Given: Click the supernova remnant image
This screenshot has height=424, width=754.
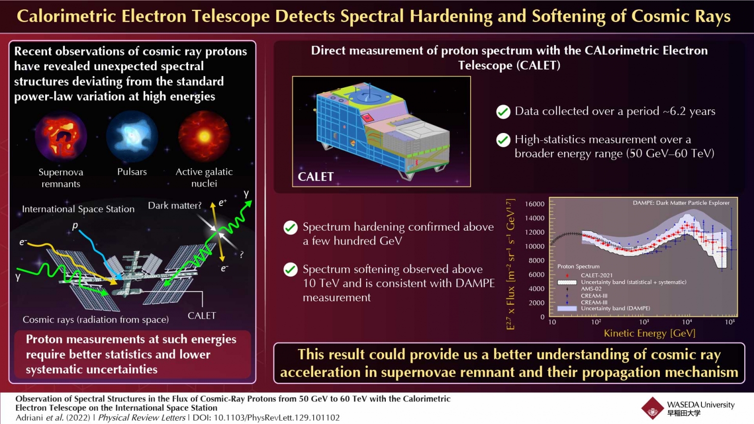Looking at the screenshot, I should pos(61,136).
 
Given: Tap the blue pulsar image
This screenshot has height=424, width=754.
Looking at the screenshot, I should pos(132,136).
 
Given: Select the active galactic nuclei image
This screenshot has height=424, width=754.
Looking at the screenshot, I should pos(204,136).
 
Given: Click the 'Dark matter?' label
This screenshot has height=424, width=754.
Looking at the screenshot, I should pos(175,206).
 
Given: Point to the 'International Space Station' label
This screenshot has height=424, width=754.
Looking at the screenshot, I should pos(78,209).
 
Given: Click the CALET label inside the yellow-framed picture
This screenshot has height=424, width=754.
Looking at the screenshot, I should pos(316,177).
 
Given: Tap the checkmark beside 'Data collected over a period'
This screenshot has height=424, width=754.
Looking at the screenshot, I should pos(503,112).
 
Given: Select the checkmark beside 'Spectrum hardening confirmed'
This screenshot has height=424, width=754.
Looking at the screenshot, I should pos(291,228).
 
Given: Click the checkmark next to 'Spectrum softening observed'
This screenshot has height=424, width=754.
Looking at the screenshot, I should pos(291,270).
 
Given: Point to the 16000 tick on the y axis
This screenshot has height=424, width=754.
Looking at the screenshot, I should pos(535,204).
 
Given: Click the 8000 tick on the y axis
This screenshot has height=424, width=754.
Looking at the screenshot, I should pos(536,261).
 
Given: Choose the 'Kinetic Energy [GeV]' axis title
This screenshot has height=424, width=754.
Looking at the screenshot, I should pos(649,333).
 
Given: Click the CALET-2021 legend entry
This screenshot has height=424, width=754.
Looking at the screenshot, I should pos(596,275).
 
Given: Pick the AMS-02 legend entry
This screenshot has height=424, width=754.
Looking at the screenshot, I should pos(591,289).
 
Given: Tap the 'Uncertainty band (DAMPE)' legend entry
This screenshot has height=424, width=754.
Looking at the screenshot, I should pos(615,309).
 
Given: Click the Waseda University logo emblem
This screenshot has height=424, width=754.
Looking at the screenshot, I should pos(652,408).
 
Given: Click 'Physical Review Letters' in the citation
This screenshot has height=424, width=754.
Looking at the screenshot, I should pos(142,418).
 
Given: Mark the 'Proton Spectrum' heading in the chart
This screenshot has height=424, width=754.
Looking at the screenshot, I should pos(578,266).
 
